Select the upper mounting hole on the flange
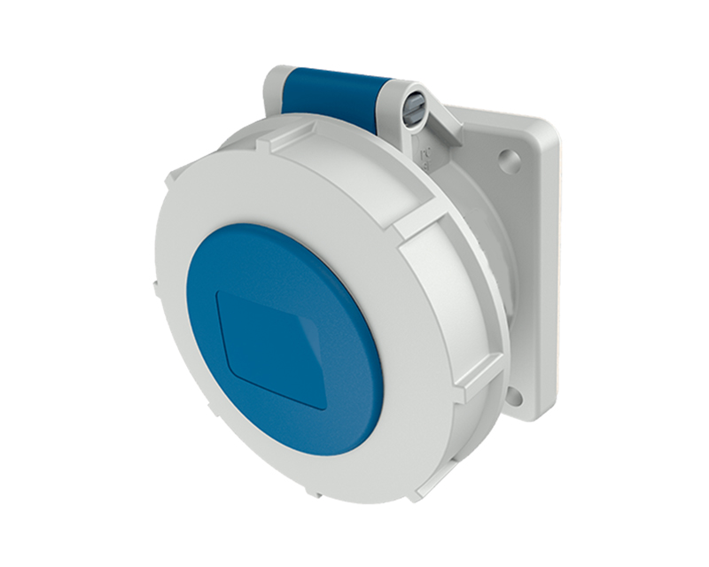point(509,160)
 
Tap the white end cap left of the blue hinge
point(275,89)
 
